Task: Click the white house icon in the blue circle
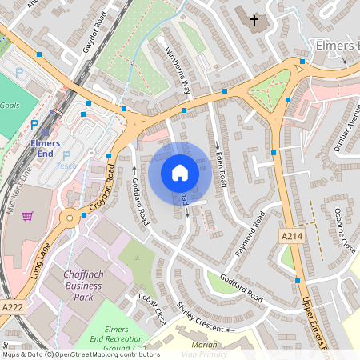pyautogui.click(x=180, y=172)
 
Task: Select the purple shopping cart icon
pyautogui.click(x=28, y=216)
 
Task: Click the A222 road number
pyautogui.click(x=12, y=307)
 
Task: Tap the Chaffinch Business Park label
pyautogui.click(x=83, y=286)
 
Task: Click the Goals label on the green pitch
pyautogui.click(x=10, y=105)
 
